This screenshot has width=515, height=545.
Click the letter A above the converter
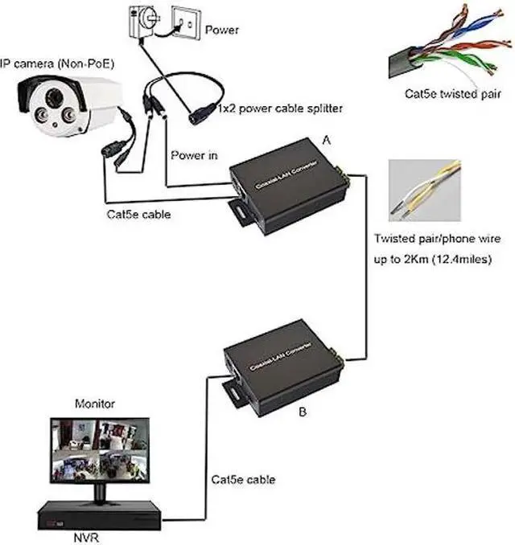click(x=326, y=139)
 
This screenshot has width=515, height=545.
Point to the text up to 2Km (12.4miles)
click(x=432, y=260)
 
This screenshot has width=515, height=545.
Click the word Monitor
click(x=95, y=404)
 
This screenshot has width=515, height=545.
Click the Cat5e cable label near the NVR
click(x=243, y=479)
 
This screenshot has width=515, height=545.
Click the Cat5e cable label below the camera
click(x=139, y=215)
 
